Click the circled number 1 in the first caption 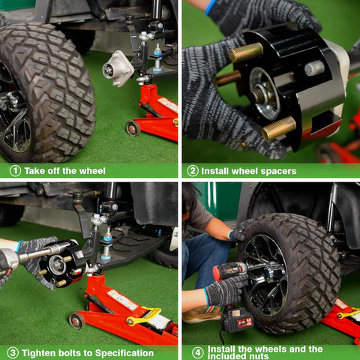coord(15,171)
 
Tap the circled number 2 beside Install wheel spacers coord(193,171)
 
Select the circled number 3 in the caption coord(13,353)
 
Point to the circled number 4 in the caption coord(197,352)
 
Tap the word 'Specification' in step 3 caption coord(124,353)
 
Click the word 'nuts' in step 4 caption coord(259,356)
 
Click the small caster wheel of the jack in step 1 coord(133,128)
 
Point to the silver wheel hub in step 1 coord(118,68)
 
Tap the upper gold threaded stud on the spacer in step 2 coord(246,52)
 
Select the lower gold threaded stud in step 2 coord(279,128)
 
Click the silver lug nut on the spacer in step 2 coord(314,68)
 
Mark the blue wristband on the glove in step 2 coord(210,7)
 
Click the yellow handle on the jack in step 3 coord(144,316)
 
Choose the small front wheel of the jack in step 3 coord(76,320)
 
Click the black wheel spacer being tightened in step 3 coord(63,264)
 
